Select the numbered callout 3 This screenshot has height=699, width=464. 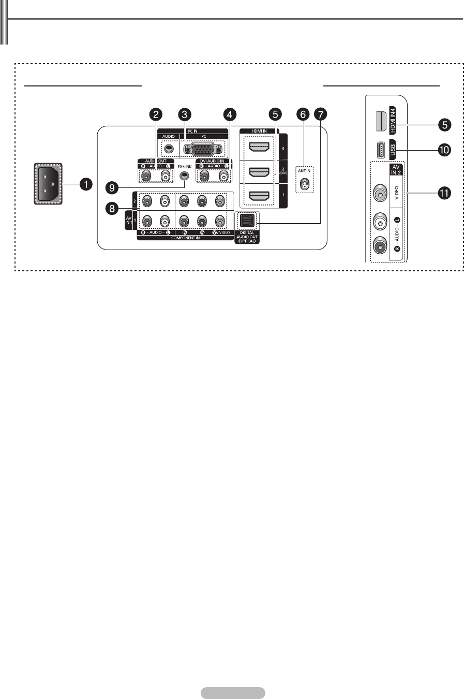click(x=183, y=114)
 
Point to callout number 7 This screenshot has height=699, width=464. click(x=322, y=114)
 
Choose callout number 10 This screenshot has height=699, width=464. click(x=443, y=150)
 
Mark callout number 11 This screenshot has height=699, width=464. click(x=443, y=194)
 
